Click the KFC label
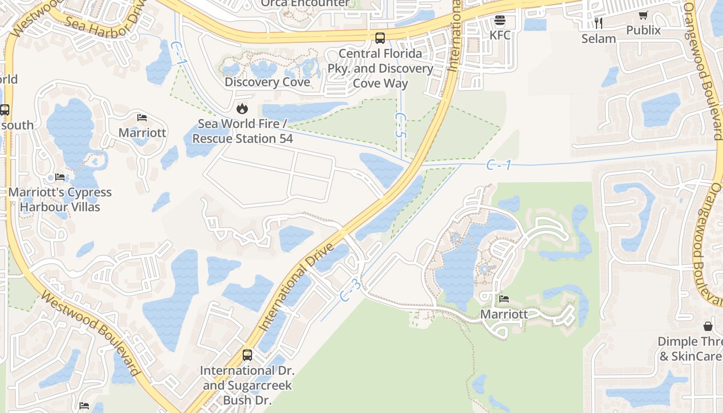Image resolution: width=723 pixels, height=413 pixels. pos(500,35)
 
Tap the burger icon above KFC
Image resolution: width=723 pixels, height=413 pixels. pos(499,21)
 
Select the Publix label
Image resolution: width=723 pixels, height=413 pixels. pos(643,30)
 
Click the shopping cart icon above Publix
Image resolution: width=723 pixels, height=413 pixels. pos(643,15)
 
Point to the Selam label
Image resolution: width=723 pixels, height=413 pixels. pos(599,38)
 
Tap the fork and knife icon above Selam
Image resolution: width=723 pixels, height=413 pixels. pos(599,23)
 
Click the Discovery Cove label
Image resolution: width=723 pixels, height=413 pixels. pos(268,82)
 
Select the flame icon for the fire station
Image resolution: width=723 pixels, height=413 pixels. pos(242,109)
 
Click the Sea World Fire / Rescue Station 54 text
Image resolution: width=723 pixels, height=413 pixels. pos(243,131)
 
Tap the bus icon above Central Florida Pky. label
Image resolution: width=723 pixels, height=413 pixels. pos(380,38)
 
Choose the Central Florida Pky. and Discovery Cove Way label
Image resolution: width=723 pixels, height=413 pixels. pos(381,68)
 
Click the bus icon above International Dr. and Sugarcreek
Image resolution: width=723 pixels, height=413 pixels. pos(247,355)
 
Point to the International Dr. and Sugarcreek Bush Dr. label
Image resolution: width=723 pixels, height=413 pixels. pos(247,385)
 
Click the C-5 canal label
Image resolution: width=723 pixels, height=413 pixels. pos(400,125)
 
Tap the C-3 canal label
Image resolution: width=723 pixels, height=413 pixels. pos(351,291)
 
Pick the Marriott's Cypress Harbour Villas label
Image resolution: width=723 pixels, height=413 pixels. pos(60,199)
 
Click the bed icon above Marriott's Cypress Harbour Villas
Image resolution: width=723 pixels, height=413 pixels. pos(60,178)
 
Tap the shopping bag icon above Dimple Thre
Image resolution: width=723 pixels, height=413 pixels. pos(708,326)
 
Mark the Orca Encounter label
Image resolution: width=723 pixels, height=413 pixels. pos(305,4)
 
